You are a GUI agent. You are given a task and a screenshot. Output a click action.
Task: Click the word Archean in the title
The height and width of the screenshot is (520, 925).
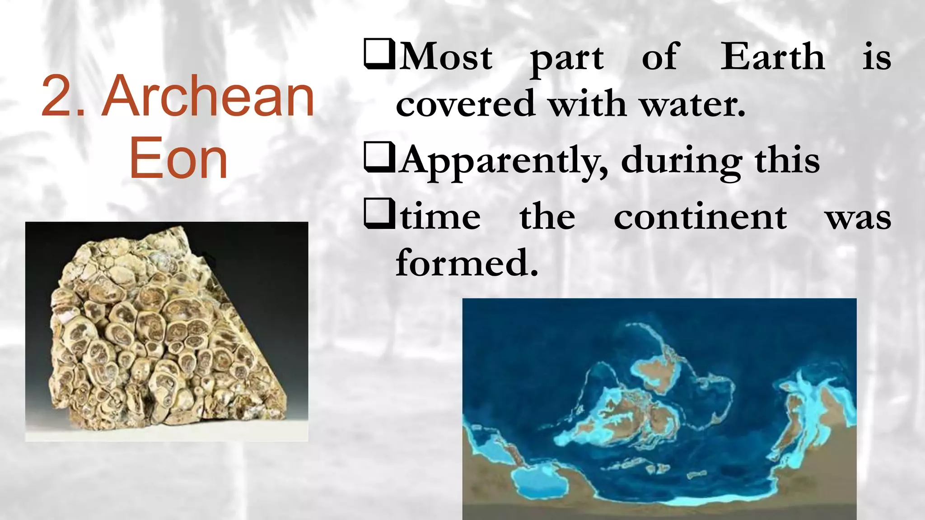[208, 97]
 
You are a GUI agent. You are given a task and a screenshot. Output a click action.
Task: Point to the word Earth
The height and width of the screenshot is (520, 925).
[772, 57]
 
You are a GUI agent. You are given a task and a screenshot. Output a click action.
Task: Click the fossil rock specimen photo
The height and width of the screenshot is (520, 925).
[167, 332]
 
